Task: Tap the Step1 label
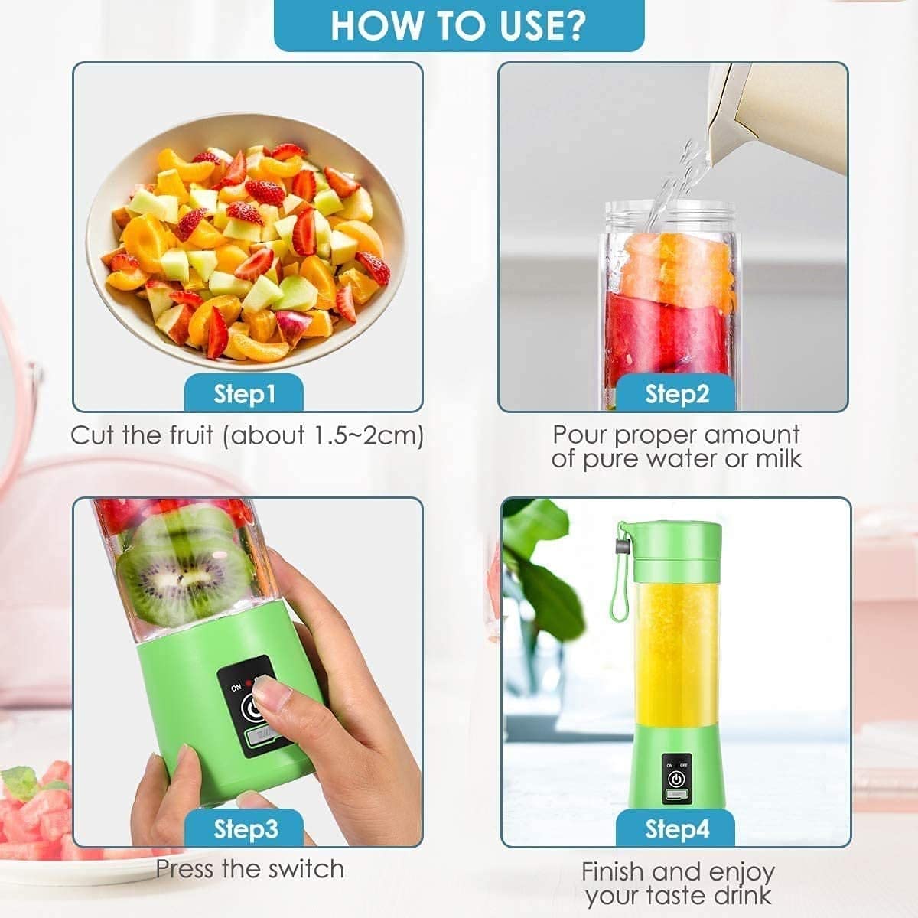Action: click(244, 393)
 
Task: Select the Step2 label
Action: click(676, 393)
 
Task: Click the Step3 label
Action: click(245, 829)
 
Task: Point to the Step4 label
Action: click(676, 829)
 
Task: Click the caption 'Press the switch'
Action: click(249, 869)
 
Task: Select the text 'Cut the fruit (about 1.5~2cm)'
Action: click(247, 435)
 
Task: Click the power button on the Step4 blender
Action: click(676, 779)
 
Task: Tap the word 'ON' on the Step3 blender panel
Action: click(236, 688)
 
